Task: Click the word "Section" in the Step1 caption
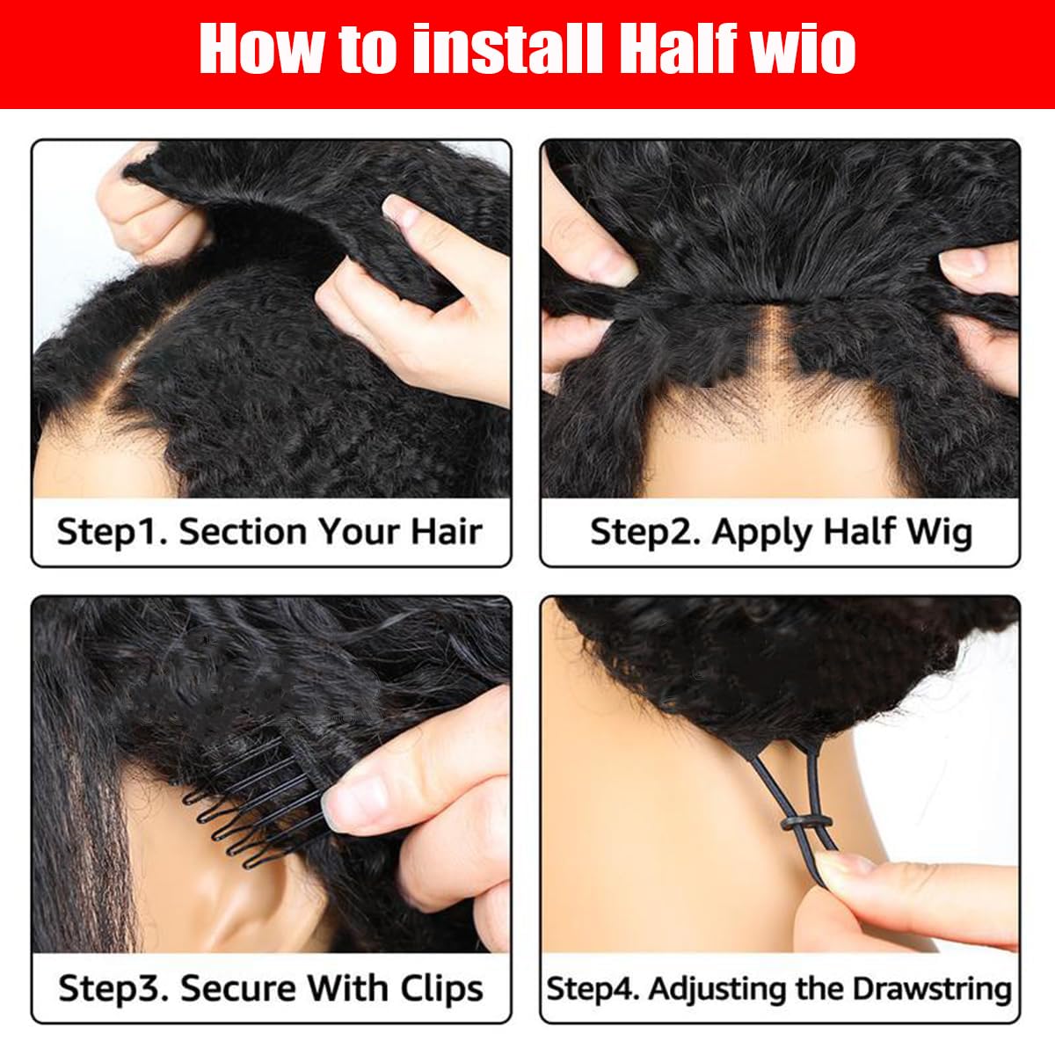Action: [243, 532]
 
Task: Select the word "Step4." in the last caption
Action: [593, 988]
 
